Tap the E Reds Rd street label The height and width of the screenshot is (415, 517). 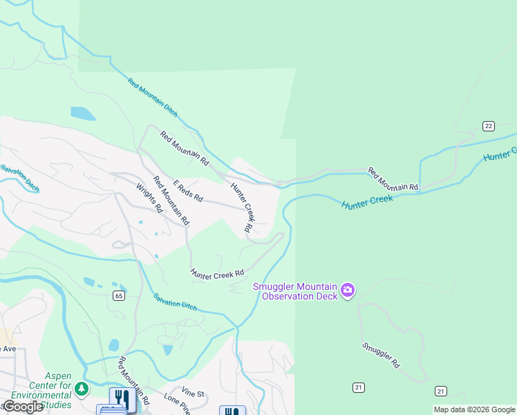(188, 191)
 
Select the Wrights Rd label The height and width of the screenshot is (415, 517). (149, 198)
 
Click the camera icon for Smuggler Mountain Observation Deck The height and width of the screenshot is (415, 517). (347, 291)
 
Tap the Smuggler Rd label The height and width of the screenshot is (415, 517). (380, 353)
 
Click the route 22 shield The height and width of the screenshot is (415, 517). (489, 125)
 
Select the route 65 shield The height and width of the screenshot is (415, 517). (119, 295)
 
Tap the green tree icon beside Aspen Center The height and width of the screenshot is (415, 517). (82, 389)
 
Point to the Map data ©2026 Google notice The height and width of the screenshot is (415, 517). (474, 409)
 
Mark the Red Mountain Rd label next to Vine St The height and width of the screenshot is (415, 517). (133, 380)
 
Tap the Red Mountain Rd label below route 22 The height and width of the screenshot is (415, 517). (393, 179)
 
